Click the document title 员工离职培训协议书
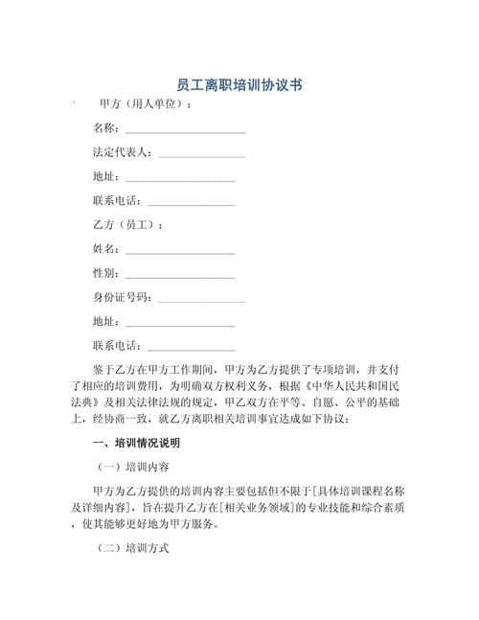click(240, 84)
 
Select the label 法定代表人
click(122, 152)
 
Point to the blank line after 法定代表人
click(201, 153)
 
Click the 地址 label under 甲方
click(104, 176)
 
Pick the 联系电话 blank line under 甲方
click(191, 201)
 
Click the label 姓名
click(104, 249)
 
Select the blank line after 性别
click(179, 274)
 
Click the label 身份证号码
click(122, 298)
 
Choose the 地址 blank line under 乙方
click(179, 322)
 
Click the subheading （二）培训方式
click(134, 550)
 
